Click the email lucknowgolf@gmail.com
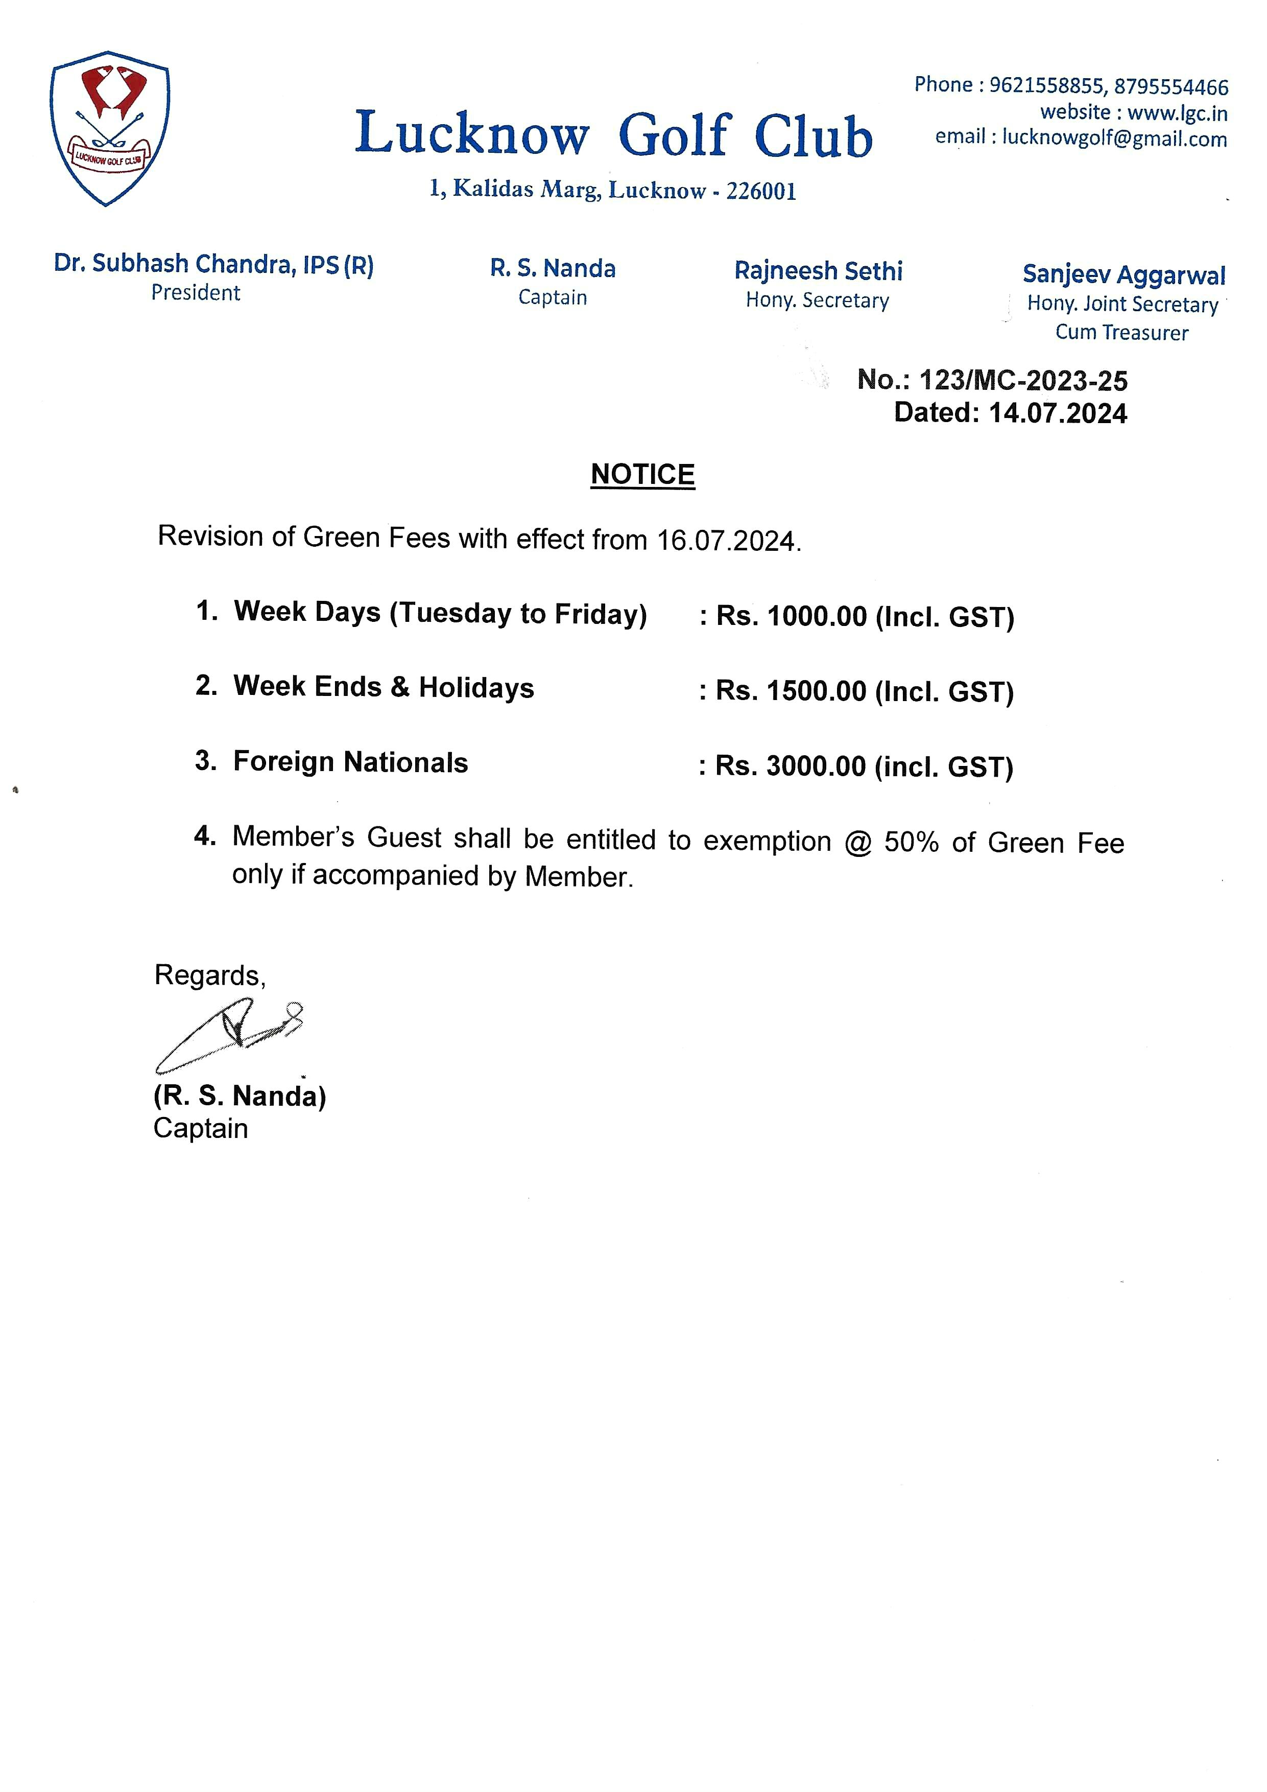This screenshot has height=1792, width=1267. click(1114, 139)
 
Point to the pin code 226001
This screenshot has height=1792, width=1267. click(761, 191)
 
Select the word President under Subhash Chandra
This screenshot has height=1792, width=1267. click(196, 293)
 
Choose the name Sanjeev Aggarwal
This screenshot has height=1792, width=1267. click(1123, 275)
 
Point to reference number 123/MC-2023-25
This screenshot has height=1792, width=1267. click(1023, 380)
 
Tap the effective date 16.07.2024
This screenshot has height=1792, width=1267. click(726, 540)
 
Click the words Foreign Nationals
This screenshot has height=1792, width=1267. click(350, 762)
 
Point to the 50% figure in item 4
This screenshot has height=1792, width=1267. click(911, 842)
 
